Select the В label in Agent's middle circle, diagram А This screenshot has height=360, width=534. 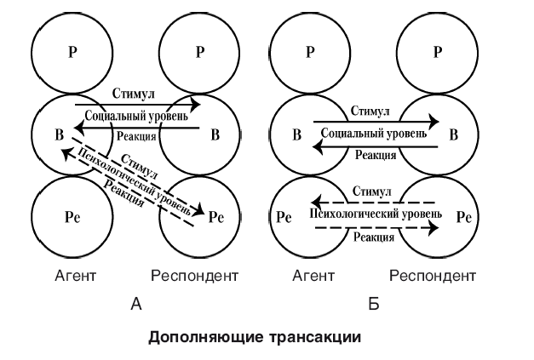[59, 134]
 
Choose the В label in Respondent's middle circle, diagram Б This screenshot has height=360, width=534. [453, 134]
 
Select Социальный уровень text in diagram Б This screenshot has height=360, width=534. [374, 134]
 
